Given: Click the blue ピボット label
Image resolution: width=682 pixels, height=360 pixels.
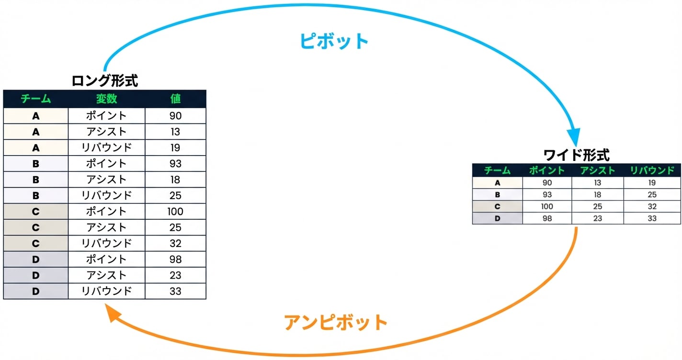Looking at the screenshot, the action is [334, 41].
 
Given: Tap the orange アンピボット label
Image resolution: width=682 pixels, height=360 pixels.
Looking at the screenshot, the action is [336, 322].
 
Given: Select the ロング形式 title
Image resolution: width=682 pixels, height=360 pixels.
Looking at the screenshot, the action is [105, 80].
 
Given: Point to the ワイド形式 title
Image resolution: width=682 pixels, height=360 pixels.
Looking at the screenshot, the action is [576, 155].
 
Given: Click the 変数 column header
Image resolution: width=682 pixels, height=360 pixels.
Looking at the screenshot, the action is [106, 99].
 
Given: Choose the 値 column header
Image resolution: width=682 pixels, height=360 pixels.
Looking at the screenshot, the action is [175, 99].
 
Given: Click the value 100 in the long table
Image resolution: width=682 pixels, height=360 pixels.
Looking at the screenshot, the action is [175, 212].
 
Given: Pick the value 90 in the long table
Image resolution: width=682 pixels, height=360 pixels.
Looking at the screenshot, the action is [175, 116].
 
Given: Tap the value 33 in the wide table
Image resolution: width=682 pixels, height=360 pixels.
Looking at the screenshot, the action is [652, 218].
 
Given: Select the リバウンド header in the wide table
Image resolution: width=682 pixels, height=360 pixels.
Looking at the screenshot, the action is [652, 170].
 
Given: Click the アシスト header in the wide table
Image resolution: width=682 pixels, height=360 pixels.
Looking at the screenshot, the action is [597, 170].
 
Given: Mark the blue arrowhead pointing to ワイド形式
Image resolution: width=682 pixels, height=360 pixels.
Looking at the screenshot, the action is [573, 137].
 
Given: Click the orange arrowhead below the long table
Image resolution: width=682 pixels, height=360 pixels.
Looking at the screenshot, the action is [112, 313].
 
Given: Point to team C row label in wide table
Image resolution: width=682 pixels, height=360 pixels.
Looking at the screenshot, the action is [497, 206].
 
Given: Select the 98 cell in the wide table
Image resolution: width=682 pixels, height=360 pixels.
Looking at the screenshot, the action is [547, 218].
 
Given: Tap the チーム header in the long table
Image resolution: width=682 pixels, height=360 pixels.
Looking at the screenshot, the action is [35, 99].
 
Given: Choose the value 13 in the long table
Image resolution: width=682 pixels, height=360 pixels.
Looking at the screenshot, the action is [175, 132].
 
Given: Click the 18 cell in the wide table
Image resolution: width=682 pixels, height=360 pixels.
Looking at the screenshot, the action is [597, 194].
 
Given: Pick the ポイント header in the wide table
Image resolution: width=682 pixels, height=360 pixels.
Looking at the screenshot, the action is [547, 170].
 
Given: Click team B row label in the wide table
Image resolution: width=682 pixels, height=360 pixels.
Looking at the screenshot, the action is [497, 194].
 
